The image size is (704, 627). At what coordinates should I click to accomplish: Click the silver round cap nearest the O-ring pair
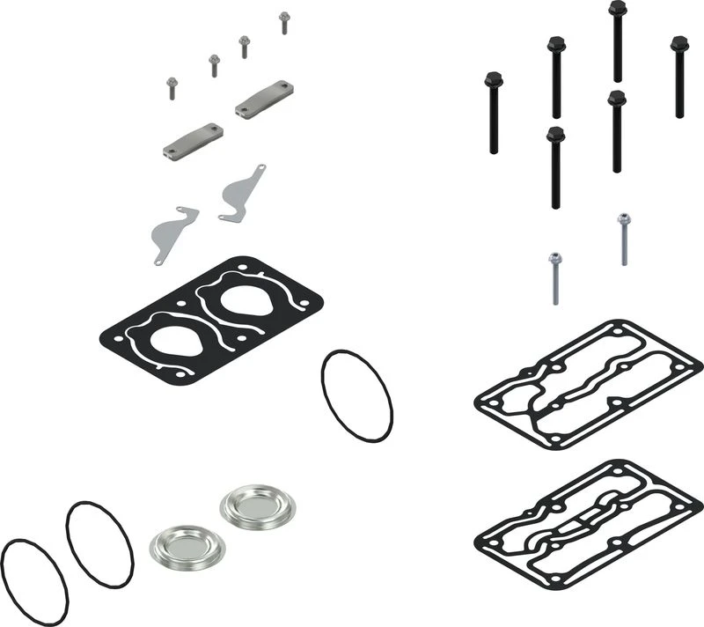187,546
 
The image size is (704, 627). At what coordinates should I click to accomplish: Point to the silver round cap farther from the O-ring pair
256,505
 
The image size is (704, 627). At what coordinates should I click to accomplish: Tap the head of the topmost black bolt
617,9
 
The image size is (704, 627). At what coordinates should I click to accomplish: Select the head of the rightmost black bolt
679,43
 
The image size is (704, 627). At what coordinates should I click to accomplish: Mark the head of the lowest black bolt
554,135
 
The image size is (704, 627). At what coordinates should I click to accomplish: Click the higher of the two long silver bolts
624,220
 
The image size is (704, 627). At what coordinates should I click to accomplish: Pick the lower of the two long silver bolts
555,261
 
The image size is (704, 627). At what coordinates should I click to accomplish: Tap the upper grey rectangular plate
264,99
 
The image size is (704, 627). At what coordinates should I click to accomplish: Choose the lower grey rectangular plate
193,141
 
